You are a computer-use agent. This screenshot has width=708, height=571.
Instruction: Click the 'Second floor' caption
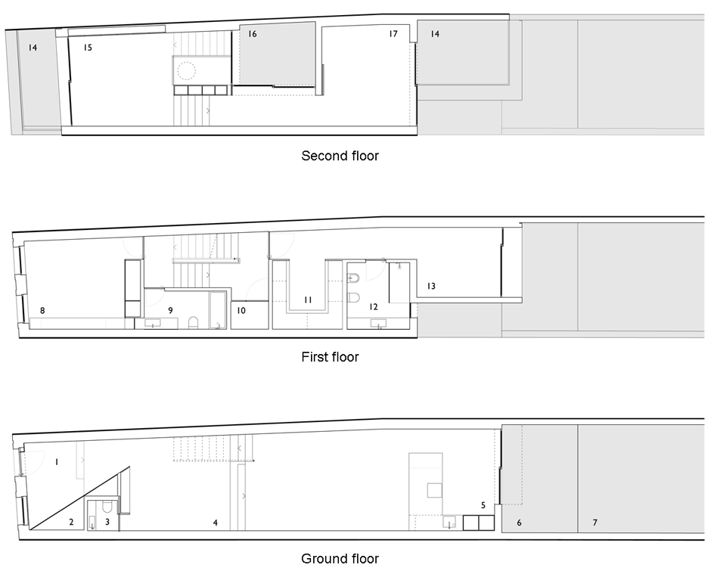pyautogui.click(x=340, y=156)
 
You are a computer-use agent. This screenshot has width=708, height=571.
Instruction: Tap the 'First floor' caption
pyautogui.click(x=330, y=357)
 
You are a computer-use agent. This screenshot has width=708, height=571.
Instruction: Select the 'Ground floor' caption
pyautogui.click(x=340, y=559)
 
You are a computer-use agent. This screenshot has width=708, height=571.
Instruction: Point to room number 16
pyautogui.click(x=252, y=34)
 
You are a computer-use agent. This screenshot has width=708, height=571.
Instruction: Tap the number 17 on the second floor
pyautogui.click(x=393, y=34)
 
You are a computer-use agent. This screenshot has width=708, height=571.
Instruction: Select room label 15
pyautogui.click(x=88, y=48)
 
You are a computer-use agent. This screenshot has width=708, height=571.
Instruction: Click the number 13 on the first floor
pyautogui.click(x=430, y=286)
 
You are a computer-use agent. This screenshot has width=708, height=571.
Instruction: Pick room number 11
pyautogui.click(x=308, y=299)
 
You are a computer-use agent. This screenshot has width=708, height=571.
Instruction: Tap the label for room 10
pyautogui.click(x=241, y=311)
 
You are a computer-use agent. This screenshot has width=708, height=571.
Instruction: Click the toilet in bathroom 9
pyautogui.click(x=193, y=322)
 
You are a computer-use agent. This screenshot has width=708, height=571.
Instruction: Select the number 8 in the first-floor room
pyautogui.click(x=42, y=311)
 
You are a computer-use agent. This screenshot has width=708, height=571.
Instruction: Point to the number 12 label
pyautogui.click(x=373, y=307)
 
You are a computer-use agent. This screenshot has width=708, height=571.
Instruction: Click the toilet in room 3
pyautogui.click(x=107, y=507)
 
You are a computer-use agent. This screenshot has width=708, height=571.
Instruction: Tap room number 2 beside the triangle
pyautogui.click(x=71, y=523)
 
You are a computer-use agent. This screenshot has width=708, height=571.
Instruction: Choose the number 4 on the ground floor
pyautogui.click(x=216, y=523)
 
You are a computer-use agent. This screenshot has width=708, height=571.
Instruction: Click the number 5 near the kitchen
pyautogui.click(x=483, y=505)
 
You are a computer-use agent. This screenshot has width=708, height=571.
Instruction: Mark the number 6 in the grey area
pyautogui.click(x=519, y=523)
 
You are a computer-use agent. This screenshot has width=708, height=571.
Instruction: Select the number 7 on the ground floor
pyautogui.click(x=595, y=523)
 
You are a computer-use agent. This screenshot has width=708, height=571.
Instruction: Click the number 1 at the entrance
pyautogui.click(x=57, y=462)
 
